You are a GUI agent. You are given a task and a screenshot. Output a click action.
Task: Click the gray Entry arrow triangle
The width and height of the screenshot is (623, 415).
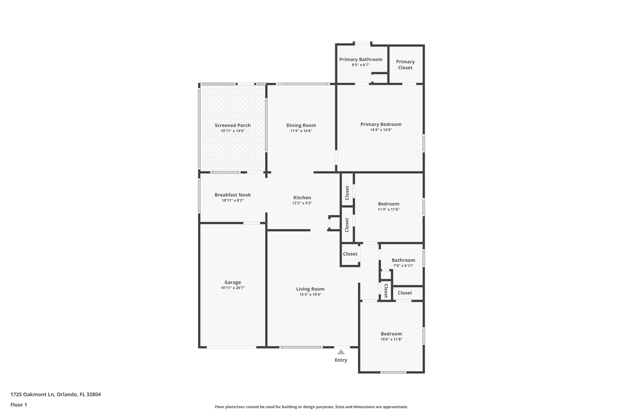pyautogui.click(x=341, y=352)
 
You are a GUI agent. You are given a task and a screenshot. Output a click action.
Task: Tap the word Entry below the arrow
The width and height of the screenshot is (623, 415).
pyautogui.click(x=341, y=360)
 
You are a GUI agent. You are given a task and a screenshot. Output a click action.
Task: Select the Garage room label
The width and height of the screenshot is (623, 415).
pyautogui.click(x=233, y=282)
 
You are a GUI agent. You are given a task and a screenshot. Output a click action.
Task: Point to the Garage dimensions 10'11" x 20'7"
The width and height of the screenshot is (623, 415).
pyautogui.click(x=233, y=288)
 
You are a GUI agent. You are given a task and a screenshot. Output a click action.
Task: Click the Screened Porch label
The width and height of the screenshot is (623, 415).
pyautogui.click(x=233, y=125)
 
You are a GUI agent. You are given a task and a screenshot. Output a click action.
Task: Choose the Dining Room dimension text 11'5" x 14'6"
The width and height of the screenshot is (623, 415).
pyautogui.click(x=301, y=131)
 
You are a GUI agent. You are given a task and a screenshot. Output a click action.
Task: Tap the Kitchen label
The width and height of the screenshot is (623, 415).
pyautogui.click(x=302, y=198)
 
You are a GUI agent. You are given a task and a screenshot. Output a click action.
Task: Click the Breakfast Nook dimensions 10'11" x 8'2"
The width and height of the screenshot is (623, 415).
pyautogui.click(x=233, y=200)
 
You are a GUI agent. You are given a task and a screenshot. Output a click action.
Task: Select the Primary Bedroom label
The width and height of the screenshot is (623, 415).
pyautogui.click(x=381, y=124)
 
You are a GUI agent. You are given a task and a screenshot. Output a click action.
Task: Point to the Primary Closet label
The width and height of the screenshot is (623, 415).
pyautogui.click(x=405, y=65)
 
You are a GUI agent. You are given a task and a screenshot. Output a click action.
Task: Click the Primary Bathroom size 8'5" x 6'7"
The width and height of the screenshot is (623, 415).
pyautogui.click(x=361, y=65)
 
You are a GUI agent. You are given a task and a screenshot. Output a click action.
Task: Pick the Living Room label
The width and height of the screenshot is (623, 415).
pyautogui.click(x=310, y=289)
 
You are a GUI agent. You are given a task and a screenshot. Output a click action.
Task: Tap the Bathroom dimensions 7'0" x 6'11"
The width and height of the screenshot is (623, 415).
pyautogui.click(x=403, y=266)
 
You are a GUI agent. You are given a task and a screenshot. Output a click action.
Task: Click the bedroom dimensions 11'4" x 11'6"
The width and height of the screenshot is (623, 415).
pyautogui.click(x=388, y=209)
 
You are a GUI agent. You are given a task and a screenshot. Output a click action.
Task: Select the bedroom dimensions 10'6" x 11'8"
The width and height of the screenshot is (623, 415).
pyautogui.click(x=391, y=339)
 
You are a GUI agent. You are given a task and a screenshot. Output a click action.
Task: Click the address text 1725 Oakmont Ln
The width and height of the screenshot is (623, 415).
pyautogui.click(x=32, y=394)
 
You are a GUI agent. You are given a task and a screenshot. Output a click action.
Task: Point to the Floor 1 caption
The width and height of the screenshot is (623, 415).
pyautogui.click(x=19, y=405)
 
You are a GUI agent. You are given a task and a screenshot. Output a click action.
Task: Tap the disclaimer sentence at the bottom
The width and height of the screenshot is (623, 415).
pyautogui.click(x=311, y=407)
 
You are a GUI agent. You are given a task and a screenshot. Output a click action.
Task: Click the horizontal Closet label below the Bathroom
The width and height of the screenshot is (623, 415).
pyautogui.click(x=405, y=293)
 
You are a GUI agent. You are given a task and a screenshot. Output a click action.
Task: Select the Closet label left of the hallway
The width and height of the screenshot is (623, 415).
pyautogui.click(x=350, y=254)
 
